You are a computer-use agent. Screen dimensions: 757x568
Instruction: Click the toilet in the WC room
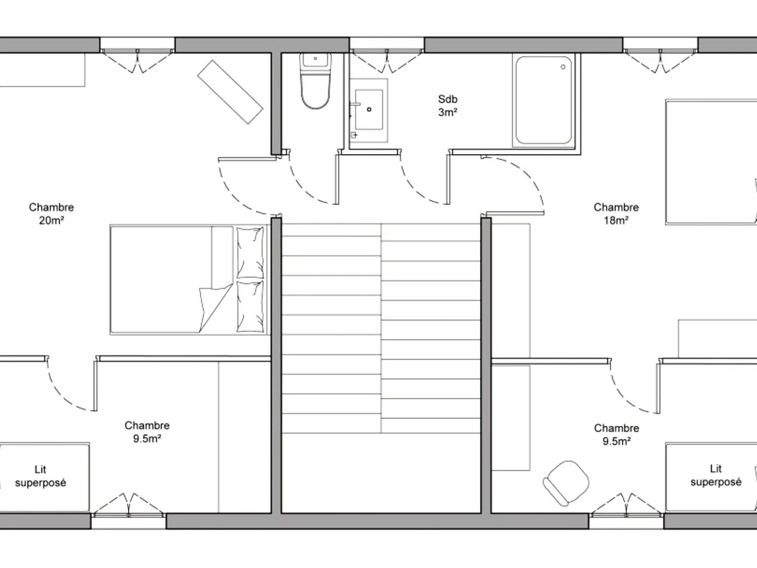[x=315, y=81]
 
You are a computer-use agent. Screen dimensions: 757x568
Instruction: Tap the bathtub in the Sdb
[x=544, y=100]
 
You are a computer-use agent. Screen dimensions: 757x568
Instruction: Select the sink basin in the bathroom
[x=369, y=109]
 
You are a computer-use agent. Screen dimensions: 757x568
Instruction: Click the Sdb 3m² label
[x=448, y=106]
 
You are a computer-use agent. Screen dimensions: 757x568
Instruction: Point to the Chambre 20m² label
[x=51, y=214]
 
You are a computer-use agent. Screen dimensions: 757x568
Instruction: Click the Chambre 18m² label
[x=616, y=214]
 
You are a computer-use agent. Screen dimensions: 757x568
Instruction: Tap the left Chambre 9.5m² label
[x=147, y=432]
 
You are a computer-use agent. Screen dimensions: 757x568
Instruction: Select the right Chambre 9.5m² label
[x=617, y=435]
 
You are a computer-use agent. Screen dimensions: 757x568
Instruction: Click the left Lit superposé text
[x=40, y=476]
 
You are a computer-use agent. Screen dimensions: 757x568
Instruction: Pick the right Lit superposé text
[x=716, y=475]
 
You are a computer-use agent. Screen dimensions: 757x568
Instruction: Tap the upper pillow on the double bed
[x=250, y=253]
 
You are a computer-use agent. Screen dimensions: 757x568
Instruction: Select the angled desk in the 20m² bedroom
[x=230, y=92]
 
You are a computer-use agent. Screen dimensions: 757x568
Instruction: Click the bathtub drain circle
[x=563, y=67]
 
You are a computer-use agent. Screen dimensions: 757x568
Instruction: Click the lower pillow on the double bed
[x=250, y=307]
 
